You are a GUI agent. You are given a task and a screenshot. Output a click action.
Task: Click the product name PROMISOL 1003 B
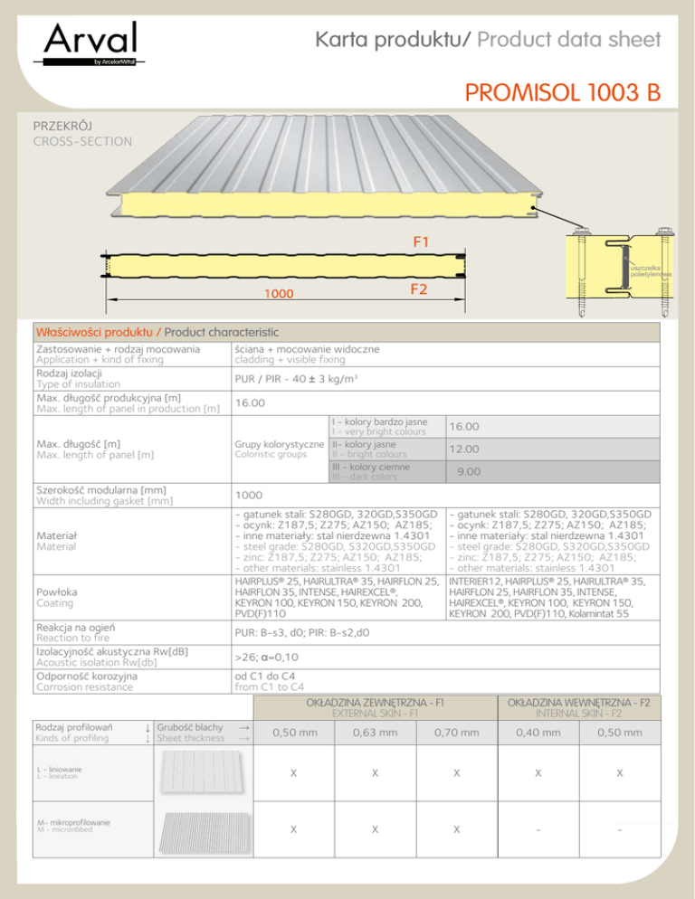pyautogui.click(x=562, y=93)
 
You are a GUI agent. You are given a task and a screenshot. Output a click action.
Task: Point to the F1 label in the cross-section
pyautogui.click(x=421, y=241)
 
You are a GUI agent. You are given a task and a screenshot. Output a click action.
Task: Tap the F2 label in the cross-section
pyautogui.click(x=419, y=290)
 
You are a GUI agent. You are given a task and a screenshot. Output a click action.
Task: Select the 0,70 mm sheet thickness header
pyautogui.click(x=457, y=732)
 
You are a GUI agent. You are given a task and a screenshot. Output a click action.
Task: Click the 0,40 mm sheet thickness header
pyautogui.click(x=538, y=732)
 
